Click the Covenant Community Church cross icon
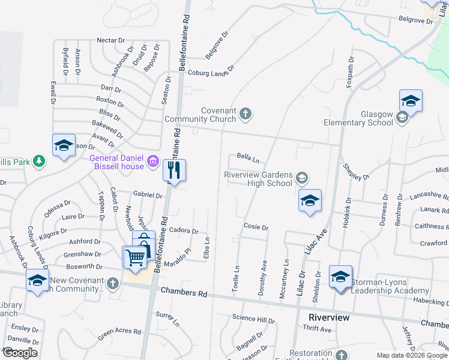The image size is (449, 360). click(x=245, y=113)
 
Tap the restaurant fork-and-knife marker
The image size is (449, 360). click(x=175, y=170)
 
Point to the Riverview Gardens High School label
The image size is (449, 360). click(x=258, y=178)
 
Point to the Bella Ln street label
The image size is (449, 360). click(x=247, y=160)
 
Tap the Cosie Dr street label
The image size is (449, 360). click(x=256, y=227)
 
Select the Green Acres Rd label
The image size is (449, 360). click(x=119, y=332)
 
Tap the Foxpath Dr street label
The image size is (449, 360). click(x=350, y=73)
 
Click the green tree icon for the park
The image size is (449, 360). click(x=39, y=161)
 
